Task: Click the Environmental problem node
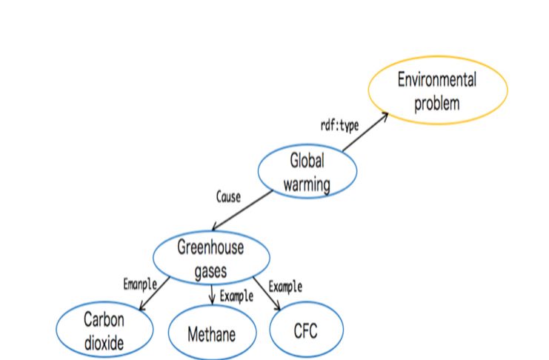[438, 90]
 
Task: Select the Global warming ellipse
[307, 171]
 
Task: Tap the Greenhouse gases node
[211, 258]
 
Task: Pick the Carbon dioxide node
[104, 330]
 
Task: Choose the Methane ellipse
[212, 332]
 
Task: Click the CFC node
[307, 330]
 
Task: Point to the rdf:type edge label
[339, 126]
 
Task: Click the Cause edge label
[228, 197]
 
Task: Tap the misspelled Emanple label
[140, 284]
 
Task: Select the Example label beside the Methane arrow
[236, 296]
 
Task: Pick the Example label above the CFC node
[285, 287]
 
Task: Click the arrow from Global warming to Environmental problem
[365, 132]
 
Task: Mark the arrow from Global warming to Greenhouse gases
[242, 210]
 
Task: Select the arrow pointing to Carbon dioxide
[154, 293]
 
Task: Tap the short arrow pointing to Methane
[211, 295]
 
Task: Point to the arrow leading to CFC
[267, 293]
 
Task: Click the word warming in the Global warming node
[307, 184]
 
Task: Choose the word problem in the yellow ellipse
[437, 103]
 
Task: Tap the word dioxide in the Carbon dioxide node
[104, 343]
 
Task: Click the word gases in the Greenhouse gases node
[210, 271]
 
